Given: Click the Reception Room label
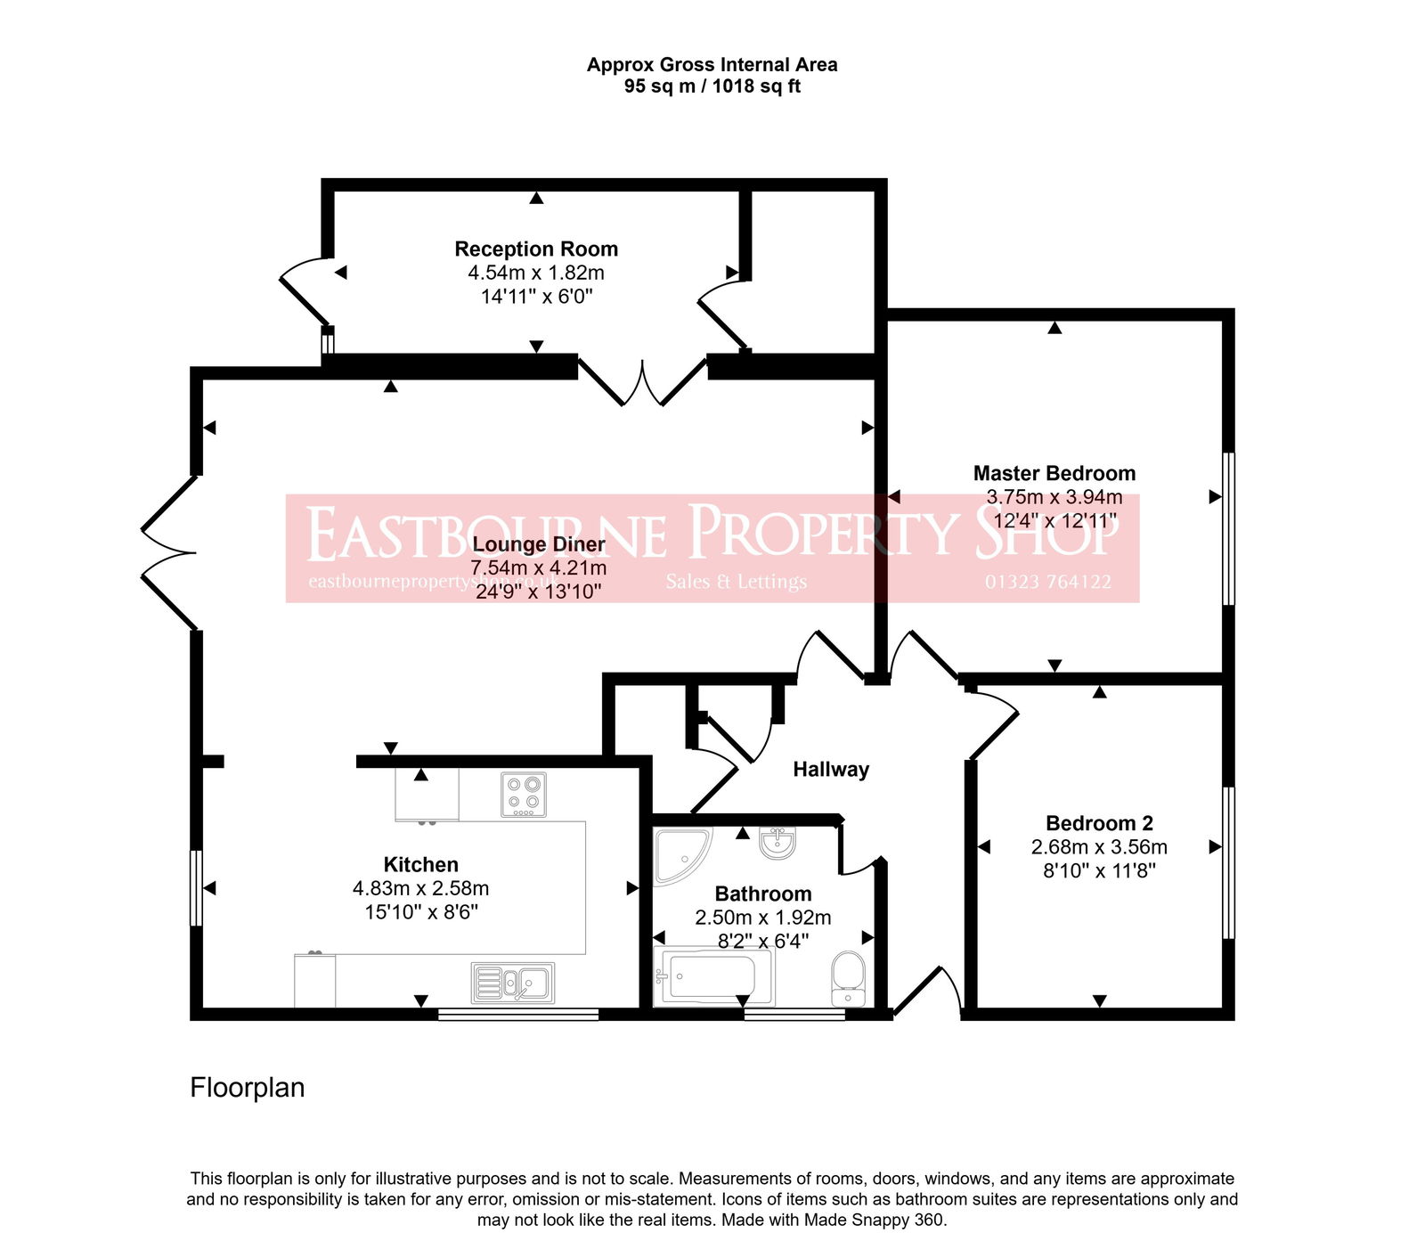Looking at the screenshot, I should click(536, 249).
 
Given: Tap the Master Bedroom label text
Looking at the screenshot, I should click(1054, 474).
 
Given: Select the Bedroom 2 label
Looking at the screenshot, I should click(1099, 823).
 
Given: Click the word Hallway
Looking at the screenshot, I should click(831, 770).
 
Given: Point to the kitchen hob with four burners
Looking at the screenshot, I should click(524, 795).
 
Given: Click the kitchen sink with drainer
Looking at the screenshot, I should click(512, 983).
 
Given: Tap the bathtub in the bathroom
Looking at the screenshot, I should click(712, 977).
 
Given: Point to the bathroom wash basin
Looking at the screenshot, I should click(778, 843).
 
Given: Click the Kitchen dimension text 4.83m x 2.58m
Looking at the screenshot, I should click(420, 888).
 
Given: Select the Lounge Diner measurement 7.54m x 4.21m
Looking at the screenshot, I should click(539, 568).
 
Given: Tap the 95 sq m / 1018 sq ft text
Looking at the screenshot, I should click(712, 86).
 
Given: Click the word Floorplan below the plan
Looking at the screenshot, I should click(247, 1088).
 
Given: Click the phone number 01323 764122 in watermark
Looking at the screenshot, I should click(1047, 583).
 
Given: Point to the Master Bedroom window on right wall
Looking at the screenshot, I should click(1228, 528).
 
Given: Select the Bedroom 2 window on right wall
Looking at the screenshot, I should click(1228, 862).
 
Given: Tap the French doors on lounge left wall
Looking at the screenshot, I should click(169, 553).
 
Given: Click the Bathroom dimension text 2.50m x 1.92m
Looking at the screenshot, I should click(762, 918).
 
